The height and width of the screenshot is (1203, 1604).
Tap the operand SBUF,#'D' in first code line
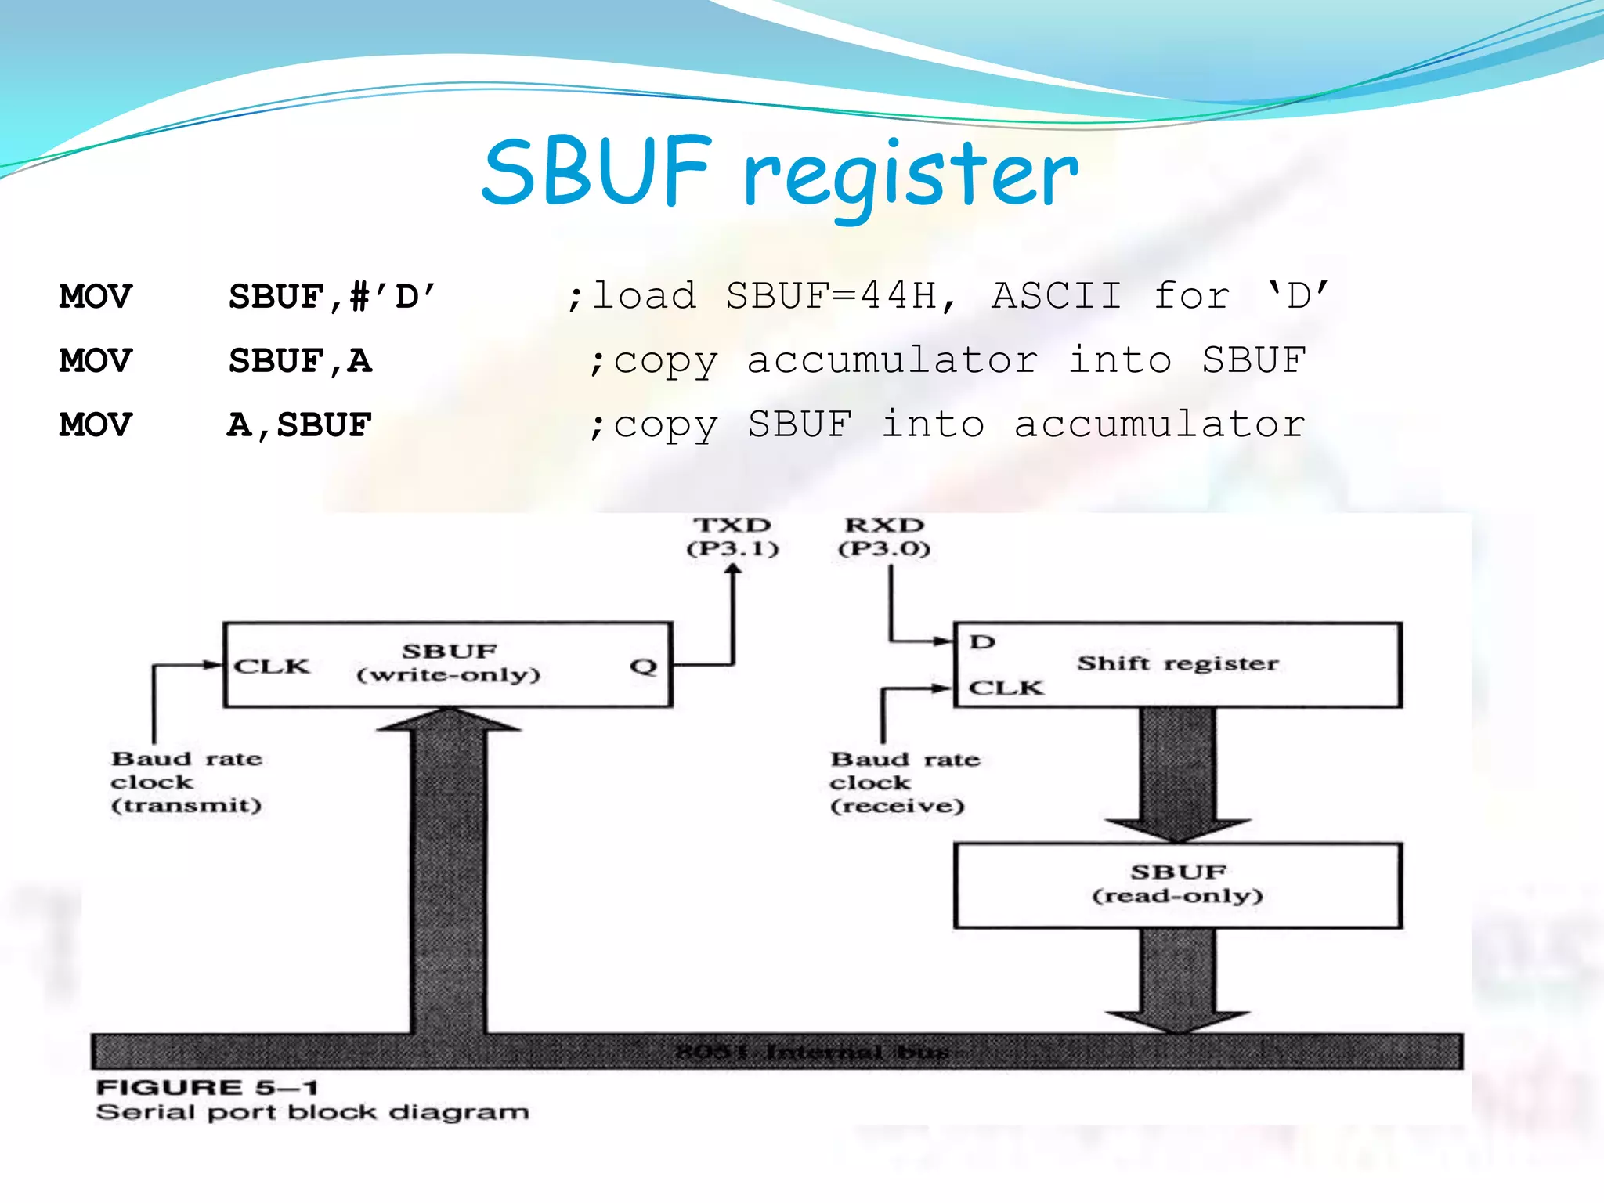[331, 297]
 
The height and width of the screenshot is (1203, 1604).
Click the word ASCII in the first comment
[1057, 296]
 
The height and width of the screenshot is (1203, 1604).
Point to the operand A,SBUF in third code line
[299, 425]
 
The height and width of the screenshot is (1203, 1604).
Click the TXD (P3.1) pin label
[733, 536]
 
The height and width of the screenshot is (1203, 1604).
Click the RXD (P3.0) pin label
[884, 536]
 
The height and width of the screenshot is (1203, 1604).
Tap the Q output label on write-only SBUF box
[643, 667]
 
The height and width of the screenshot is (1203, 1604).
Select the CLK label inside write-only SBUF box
[272, 667]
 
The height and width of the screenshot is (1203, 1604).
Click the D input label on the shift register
[982, 642]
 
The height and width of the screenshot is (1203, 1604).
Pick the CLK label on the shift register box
[1006, 688]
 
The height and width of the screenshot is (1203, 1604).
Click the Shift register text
[1177, 663]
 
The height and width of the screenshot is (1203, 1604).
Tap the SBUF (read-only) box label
[1178, 883]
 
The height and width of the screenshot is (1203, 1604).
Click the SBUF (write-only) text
[449, 663]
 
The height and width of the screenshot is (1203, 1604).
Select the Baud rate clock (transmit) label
[186, 782]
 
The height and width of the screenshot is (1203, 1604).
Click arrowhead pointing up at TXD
[733, 572]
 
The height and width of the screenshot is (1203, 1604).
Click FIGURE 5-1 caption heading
[207, 1087]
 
